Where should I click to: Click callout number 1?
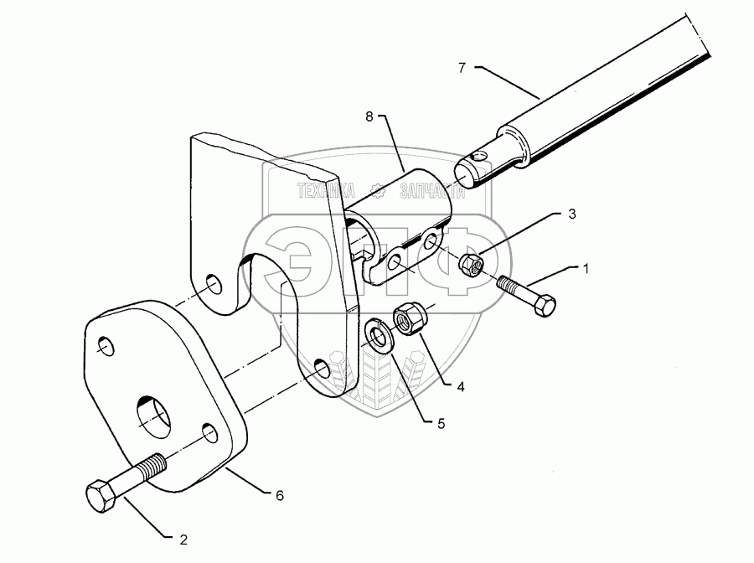[586, 269]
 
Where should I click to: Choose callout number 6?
[279, 496]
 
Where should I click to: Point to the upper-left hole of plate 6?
[106, 346]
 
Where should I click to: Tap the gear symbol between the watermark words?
[378, 191]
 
